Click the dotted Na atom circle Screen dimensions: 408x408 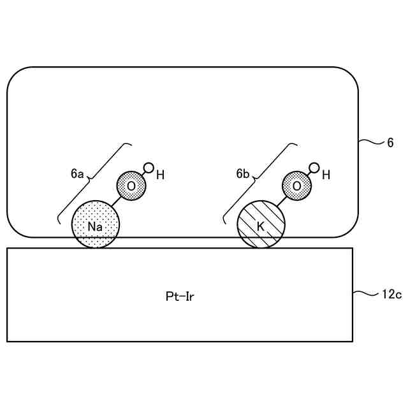pyautogui.click(x=96, y=224)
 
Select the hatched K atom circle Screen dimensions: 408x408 pyautogui.click(x=261, y=224)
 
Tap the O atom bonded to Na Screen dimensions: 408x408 pyautogui.click(x=131, y=186)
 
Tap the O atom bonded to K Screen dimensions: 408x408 pyautogui.click(x=296, y=186)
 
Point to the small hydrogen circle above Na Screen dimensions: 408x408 pyautogui.click(x=148, y=169)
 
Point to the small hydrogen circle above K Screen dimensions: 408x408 pyautogui.click(x=314, y=168)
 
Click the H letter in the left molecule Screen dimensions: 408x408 pyautogui.click(x=160, y=175)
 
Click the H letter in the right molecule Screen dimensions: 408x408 pyautogui.click(x=326, y=175)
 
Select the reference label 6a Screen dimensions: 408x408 pyautogui.click(x=77, y=173)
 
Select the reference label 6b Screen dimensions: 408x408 pyautogui.click(x=243, y=173)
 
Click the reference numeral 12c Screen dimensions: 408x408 pyautogui.click(x=392, y=295)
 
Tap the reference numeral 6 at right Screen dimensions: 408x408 pyautogui.click(x=390, y=143)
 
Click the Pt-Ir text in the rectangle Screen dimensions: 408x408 pyautogui.click(x=178, y=296)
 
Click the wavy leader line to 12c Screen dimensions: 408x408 pyautogui.click(x=366, y=294)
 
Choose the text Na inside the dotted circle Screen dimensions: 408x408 pyautogui.click(x=96, y=227)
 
